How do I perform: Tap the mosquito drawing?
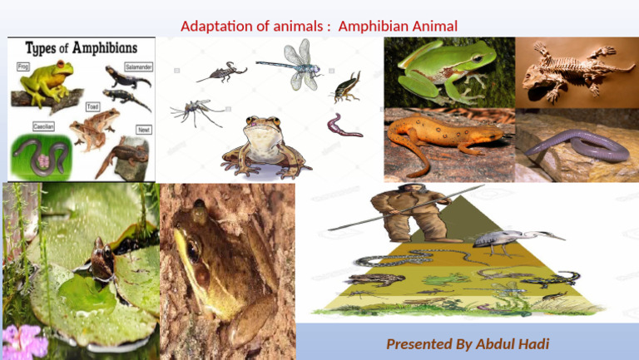pos(195,111)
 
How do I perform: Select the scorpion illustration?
pos(221,73)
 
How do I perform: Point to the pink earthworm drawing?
pos(343,127)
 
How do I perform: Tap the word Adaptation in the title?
pos(215,26)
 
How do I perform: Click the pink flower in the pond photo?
pos(23,341)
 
